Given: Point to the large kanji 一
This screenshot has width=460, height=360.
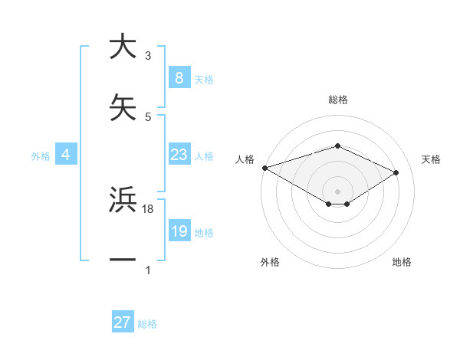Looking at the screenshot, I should [123, 260].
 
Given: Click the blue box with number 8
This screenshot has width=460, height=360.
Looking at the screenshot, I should [179, 78].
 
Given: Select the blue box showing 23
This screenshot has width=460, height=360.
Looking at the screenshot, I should [179, 155].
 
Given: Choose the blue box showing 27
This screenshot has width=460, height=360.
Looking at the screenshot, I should [122, 322].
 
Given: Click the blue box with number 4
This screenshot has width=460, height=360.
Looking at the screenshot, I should [66, 155].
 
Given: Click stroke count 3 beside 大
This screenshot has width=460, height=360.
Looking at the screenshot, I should [148, 56].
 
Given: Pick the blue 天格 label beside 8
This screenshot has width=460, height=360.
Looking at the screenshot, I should [203, 80].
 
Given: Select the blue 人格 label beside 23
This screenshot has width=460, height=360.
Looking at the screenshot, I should [204, 156].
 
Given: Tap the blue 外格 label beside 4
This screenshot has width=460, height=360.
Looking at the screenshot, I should [41, 156].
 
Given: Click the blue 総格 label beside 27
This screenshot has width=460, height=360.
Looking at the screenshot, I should [147, 324].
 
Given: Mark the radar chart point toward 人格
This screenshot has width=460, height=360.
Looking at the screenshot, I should [264, 168].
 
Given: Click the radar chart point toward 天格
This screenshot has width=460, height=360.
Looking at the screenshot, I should [396, 173].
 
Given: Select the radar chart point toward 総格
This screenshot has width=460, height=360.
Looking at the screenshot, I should [337, 146].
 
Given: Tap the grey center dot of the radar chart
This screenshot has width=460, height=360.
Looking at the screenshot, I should [337, 191].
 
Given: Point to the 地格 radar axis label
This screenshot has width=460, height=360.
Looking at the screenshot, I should [402, 262].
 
